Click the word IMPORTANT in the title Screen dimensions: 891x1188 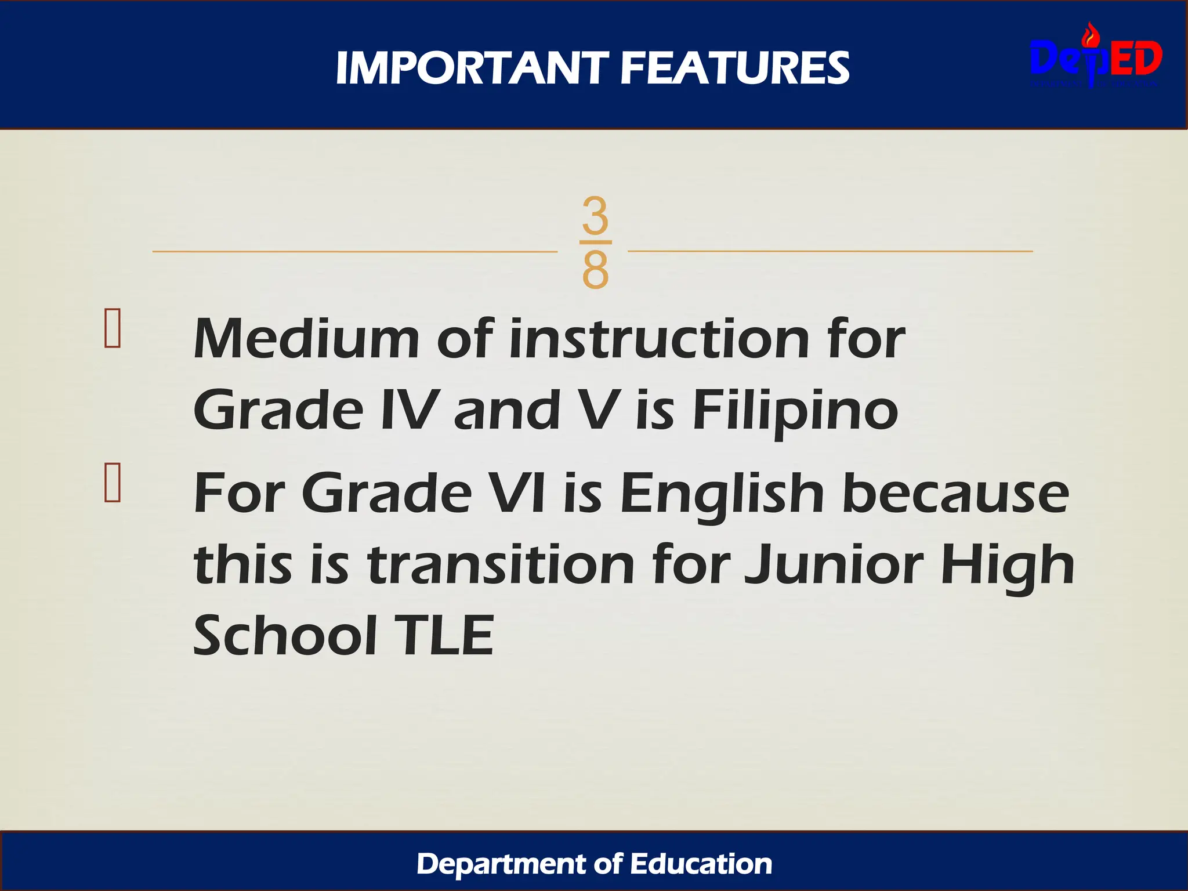click(472, 68)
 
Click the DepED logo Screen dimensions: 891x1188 click(1096, 59)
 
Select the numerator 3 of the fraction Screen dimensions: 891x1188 click(595, 215)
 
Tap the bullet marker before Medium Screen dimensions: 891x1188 click(112, 328)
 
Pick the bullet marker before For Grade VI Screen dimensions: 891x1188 click(112, 482)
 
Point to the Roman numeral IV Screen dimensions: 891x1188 click(408, 410)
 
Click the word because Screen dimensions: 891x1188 click(955, 493)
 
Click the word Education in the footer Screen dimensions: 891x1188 click(701, 864)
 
